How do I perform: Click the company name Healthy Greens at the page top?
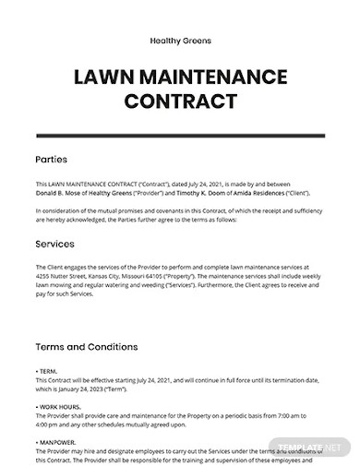pyautogui.click(x=179, y=41)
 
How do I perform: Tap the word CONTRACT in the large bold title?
pyautogui.click(x=179, y=101)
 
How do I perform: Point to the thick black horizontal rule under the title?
pyautogui.click(x=179, y=135)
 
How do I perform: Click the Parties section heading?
pyautogui.click(x=50, y=159)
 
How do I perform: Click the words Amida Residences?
pyautogui.click(x=285, y=192)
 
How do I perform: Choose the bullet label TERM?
pyautogui.click(x=49, y=370)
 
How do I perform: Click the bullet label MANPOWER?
pyautogui.click(x=57, y=441)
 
